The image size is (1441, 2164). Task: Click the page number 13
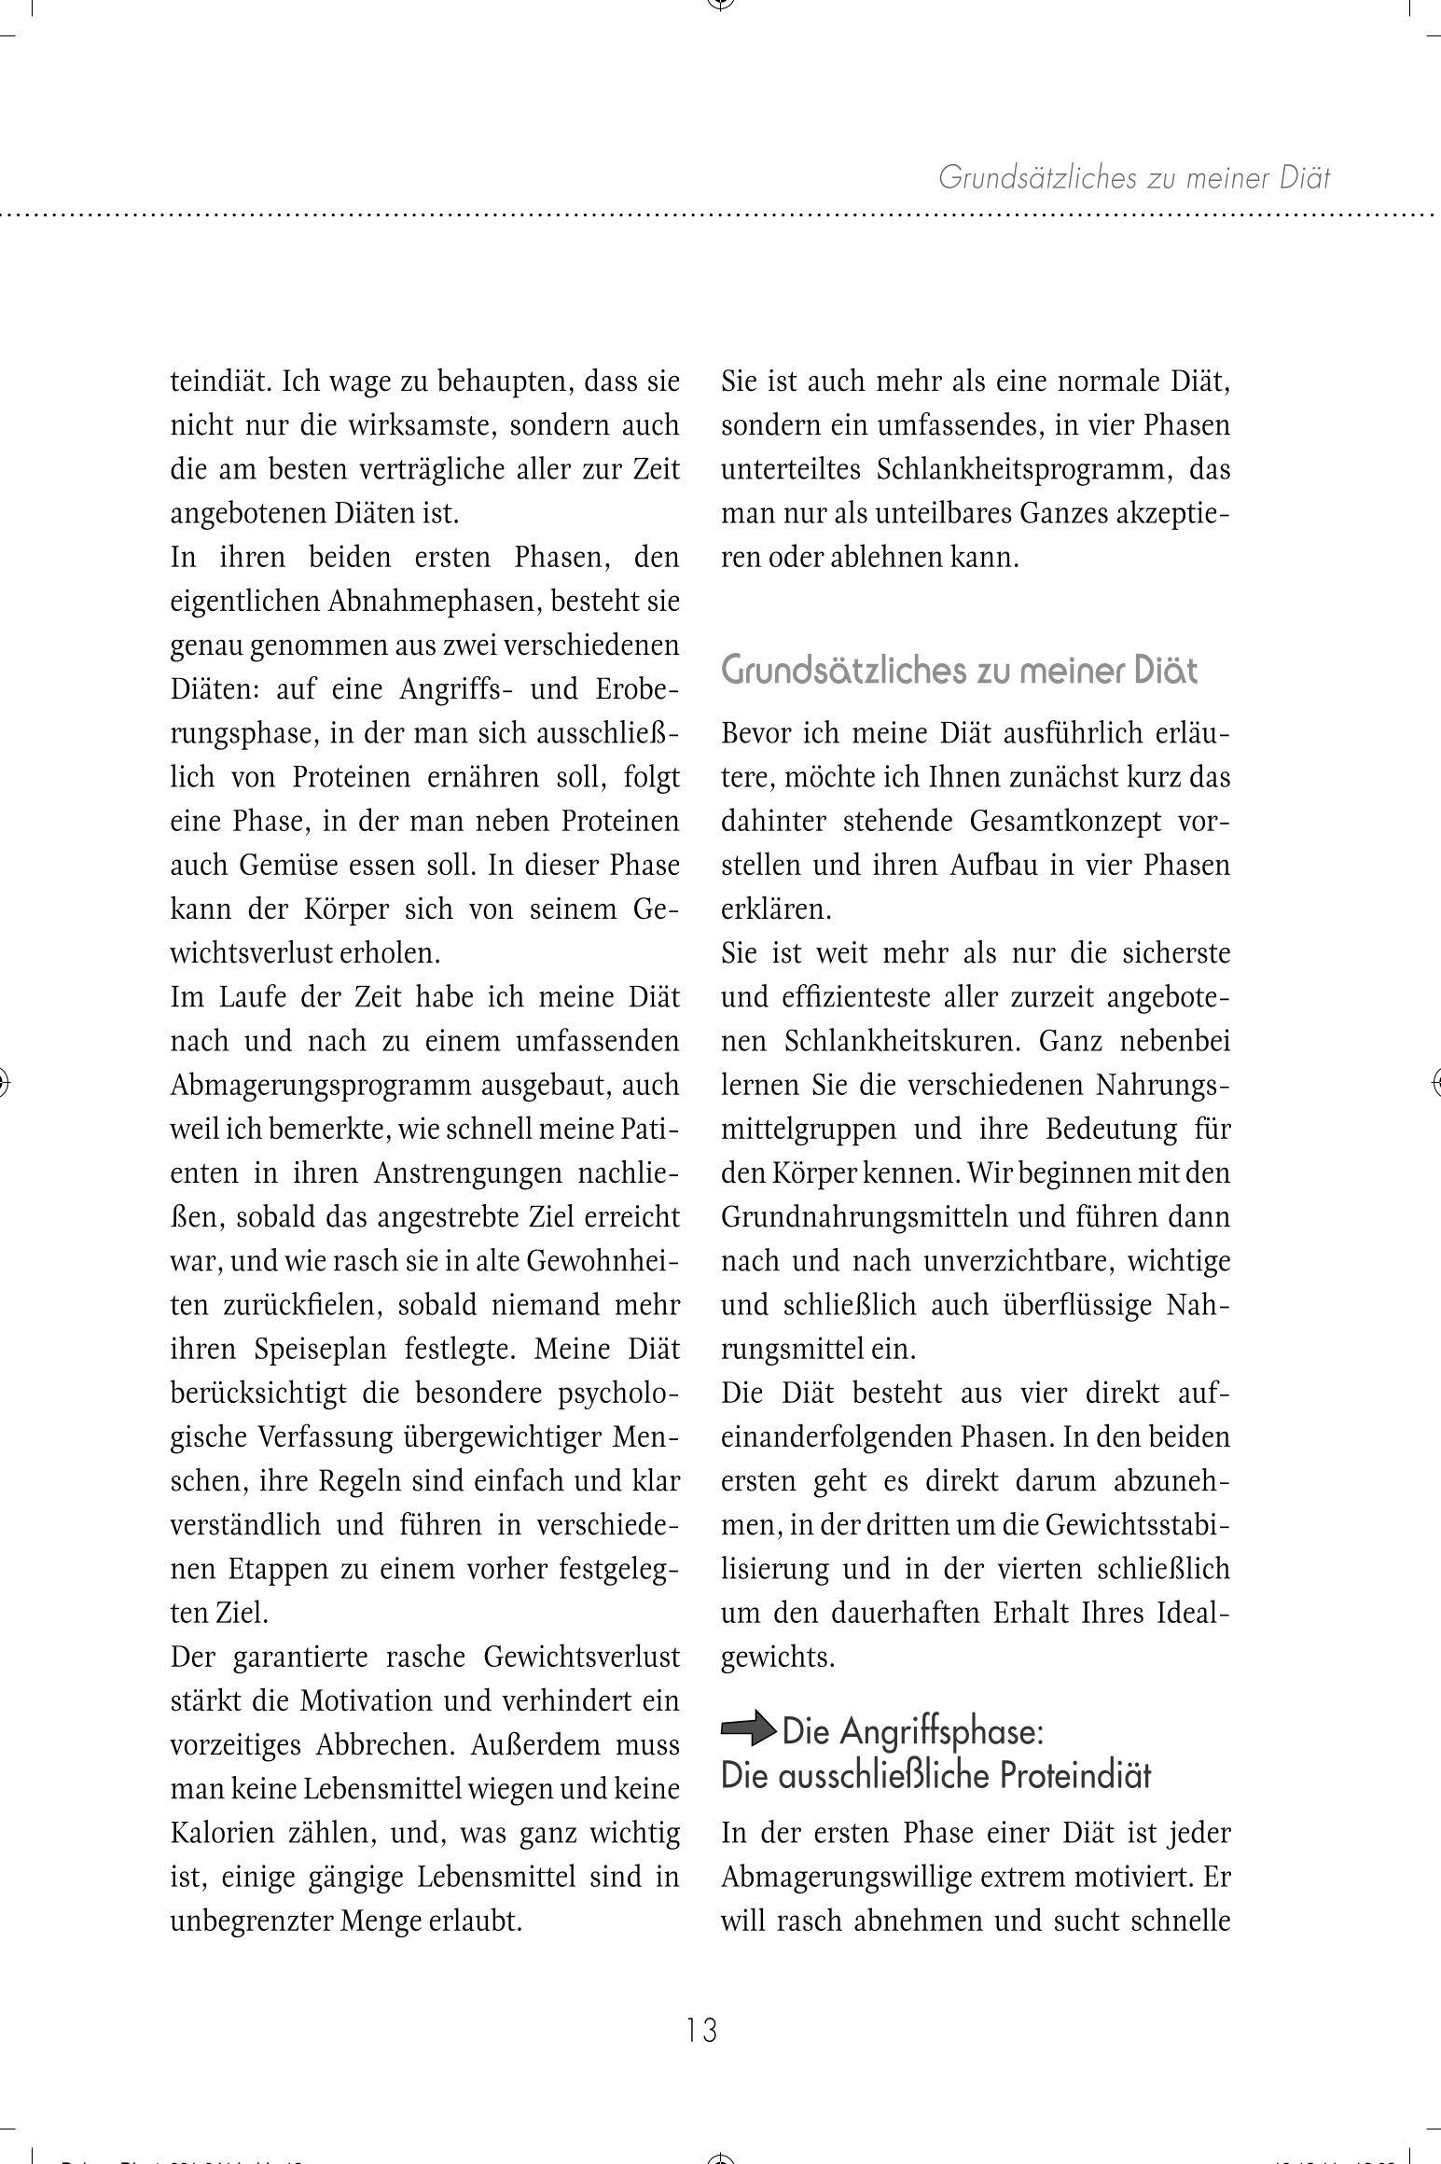point(701,2029)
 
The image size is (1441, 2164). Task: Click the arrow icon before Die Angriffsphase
point(748,1731)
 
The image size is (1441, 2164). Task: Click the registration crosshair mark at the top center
point(720,4)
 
